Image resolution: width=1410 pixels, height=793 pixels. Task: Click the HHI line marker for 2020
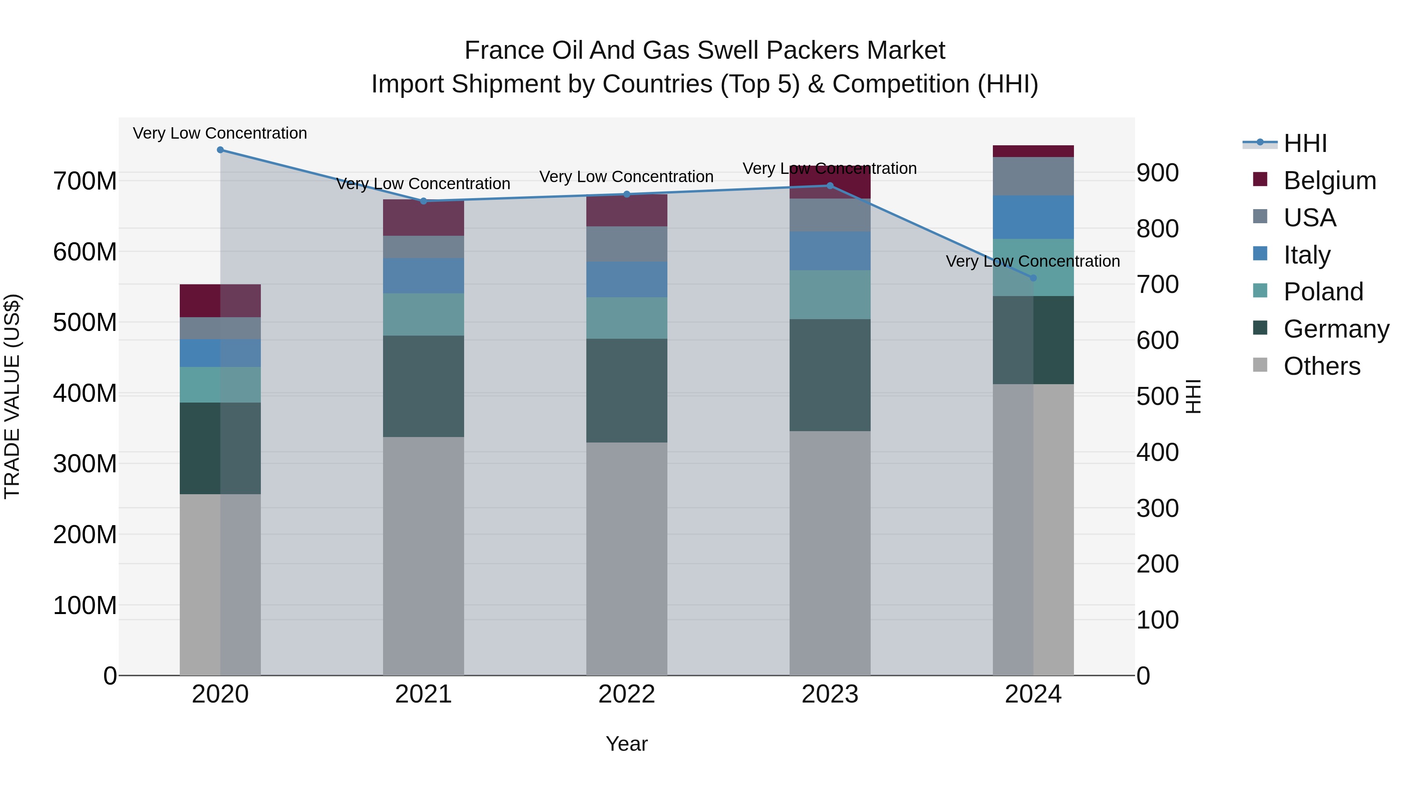[220, 150]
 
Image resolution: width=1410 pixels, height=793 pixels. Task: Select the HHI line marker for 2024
[1034, 278]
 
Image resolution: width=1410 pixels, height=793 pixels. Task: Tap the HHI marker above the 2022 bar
[627, 194]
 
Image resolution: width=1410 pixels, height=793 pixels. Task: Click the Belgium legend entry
[1330, 181]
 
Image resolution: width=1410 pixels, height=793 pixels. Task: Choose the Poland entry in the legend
[1323, 292]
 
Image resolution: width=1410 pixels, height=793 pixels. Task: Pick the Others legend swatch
[1260, 365]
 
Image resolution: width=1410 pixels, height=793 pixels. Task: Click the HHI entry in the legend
[1305, 143]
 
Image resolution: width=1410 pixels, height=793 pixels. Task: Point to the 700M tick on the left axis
[85, 181]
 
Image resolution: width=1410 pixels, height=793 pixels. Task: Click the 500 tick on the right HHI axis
[1157, 396]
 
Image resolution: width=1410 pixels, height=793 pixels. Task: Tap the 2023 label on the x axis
[830, 694]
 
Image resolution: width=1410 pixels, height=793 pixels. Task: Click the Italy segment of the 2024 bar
[1034, 217]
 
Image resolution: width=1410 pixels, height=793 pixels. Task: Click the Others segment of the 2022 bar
[627, 558]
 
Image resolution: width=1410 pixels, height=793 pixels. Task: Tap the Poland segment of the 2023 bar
[830, 294]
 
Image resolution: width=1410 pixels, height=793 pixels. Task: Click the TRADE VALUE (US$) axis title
[12, 396]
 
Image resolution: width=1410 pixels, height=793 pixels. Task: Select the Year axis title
[627, 744]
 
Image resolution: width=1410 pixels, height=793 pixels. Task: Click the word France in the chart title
[504, 51]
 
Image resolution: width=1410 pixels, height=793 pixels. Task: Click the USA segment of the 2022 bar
[627, 244]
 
